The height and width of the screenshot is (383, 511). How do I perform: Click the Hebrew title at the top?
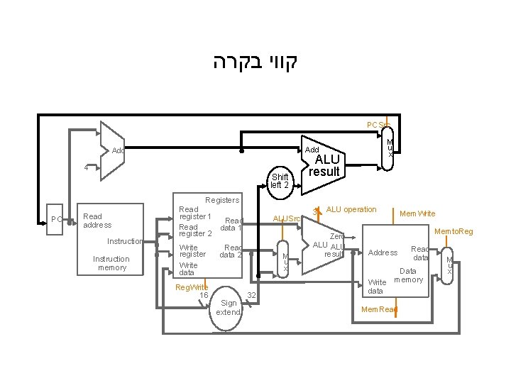[255, 62]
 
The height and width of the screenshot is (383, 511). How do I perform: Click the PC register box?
[56, 218]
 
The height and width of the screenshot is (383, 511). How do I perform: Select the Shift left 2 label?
[280, 180]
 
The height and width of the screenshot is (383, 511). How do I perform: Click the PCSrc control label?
[378, 126]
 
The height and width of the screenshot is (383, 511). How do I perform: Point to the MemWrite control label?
[417, 213]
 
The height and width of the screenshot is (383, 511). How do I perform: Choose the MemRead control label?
[380, 309]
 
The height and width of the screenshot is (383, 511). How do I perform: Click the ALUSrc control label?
[287, 218]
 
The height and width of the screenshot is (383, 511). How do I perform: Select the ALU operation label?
[351, 209]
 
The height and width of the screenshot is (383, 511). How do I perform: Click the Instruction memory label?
[111, 263]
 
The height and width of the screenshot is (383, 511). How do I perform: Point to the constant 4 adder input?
[86, 168]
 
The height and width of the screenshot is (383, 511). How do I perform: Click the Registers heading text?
[222, 201]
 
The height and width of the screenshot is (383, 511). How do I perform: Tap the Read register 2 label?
[195, 230]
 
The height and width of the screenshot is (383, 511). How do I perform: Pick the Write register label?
[192, 250]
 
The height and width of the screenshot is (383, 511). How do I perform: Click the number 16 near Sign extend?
[204, 295]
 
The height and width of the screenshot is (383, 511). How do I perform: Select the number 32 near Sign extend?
[251, 295]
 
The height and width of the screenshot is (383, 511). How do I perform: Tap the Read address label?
[97, 221]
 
